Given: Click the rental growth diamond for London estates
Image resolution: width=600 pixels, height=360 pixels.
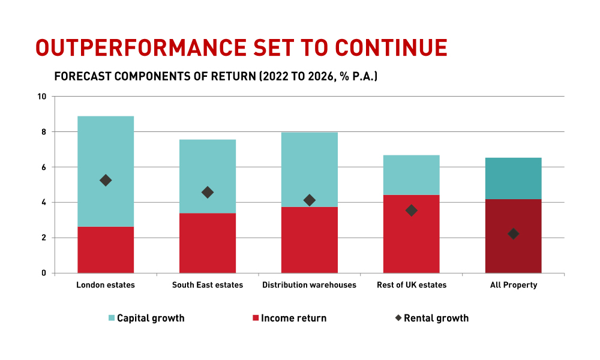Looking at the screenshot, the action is (x=106, y=180).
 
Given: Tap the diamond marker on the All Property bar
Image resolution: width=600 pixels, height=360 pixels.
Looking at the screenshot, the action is (x=514, y=234).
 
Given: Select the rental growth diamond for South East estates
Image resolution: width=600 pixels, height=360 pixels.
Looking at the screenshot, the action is (x=208, y=193).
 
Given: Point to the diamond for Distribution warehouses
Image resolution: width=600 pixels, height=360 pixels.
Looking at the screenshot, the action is (x=309, y=200).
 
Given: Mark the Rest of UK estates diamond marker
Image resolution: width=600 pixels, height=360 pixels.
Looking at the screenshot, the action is (x=412, y=211).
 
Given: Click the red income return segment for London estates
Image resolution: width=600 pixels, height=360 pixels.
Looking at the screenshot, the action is (x=106, y=250).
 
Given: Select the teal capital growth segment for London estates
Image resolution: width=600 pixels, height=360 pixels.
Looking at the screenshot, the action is (x=106, y=172).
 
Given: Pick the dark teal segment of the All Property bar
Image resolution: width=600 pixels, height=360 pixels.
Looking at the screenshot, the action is (x=514, y=178).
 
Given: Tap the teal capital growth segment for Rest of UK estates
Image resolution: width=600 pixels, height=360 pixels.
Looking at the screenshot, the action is (x=412, y=175).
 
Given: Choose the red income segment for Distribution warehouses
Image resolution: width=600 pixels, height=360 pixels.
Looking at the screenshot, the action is (x=309, y=240).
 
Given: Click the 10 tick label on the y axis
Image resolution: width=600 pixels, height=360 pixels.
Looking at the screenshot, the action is (x=42, y=97).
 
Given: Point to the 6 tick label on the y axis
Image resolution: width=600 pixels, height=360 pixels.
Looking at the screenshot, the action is (x=44, y=167).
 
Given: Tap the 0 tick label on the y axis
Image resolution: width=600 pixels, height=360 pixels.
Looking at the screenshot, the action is (x=44, y=273).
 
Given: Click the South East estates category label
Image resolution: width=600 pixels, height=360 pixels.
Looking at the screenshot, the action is (x=208, y=285).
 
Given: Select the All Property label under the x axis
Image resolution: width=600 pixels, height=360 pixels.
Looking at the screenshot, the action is (x=514, y=285).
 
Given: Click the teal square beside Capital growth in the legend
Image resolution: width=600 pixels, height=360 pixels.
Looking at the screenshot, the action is (x=112, y=318).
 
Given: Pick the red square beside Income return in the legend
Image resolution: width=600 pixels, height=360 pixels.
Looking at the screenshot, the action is (x=256, y=318).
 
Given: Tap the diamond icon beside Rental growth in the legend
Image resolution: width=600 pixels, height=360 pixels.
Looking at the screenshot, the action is (x=398, y=318).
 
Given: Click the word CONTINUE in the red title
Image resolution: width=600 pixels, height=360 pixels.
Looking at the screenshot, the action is (x=391, y=48).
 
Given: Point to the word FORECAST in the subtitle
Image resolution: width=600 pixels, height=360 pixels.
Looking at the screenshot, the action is (x=83, y=77).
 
